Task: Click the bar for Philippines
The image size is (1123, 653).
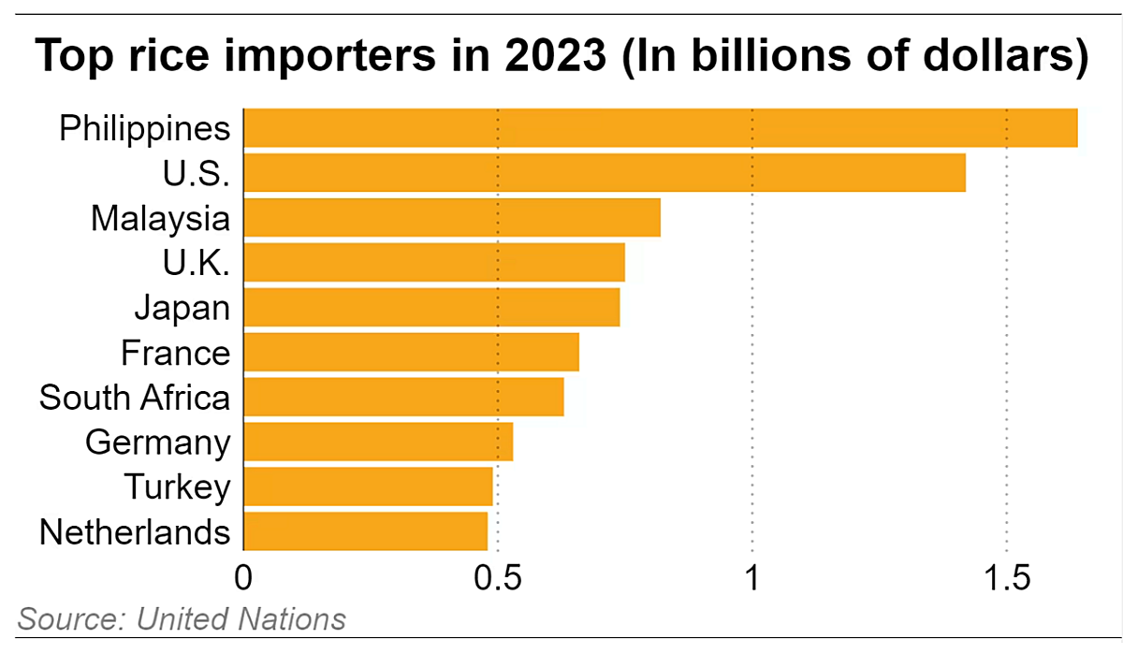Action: (660, 128)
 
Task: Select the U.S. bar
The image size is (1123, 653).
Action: (604, 173)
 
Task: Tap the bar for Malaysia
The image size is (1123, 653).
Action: (452, 218)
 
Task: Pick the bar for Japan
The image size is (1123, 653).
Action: (431, 308)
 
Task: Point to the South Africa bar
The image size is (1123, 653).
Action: (403, 397)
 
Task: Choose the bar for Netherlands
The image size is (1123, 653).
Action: (365, 531)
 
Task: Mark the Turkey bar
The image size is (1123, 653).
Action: (368, 486)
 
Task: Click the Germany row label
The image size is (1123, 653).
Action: (157, 442)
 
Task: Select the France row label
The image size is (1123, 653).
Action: (175, 353)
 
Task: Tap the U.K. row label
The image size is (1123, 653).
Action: (196, 264)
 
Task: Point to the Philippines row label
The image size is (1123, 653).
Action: (144, 128)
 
